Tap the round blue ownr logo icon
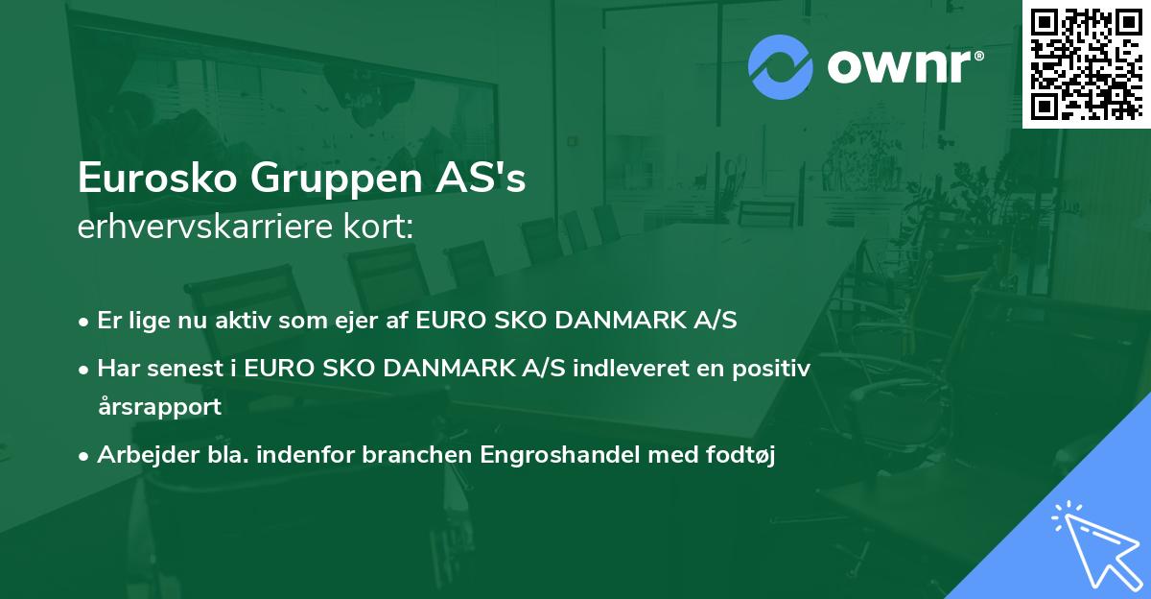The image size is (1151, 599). (x=780, y=67)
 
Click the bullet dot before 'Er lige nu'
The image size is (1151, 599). (x=85, y=322)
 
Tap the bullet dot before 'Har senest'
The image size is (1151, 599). (x=85, y=369)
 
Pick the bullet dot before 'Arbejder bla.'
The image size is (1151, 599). (x=85, y=456)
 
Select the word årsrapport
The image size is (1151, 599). (x=159, y=407)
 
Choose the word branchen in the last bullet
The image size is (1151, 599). (x=405, y=455)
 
